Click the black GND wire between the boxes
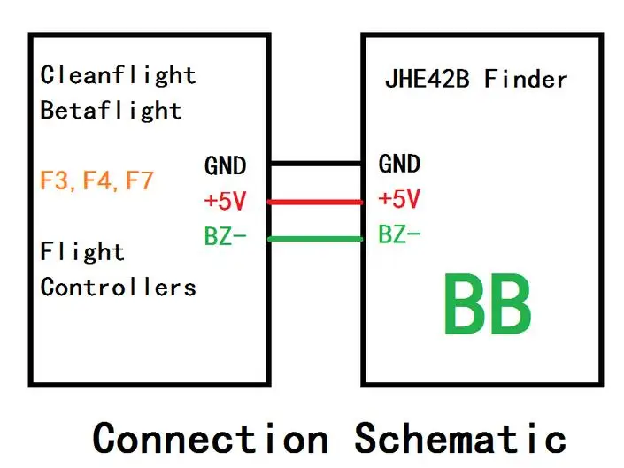click(316, 164)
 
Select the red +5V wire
click(316, 202)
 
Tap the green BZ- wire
click(316, 239)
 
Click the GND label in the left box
click(225, 165)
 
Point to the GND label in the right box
click(399, 164)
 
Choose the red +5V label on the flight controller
click(225, 201)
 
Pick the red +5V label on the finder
click(399, 199)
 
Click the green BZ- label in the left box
click(225, 236)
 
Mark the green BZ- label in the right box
click(399, 234)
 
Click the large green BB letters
click(488, 305)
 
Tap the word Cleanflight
click(118, 75)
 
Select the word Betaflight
click(111, 111)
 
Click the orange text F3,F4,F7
click(96, 181)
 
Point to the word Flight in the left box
click(82, 252)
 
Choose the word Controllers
click(118, 288)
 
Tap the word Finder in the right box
click(526, 80)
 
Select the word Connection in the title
click(211, 438)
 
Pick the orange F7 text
click(139, 181)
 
